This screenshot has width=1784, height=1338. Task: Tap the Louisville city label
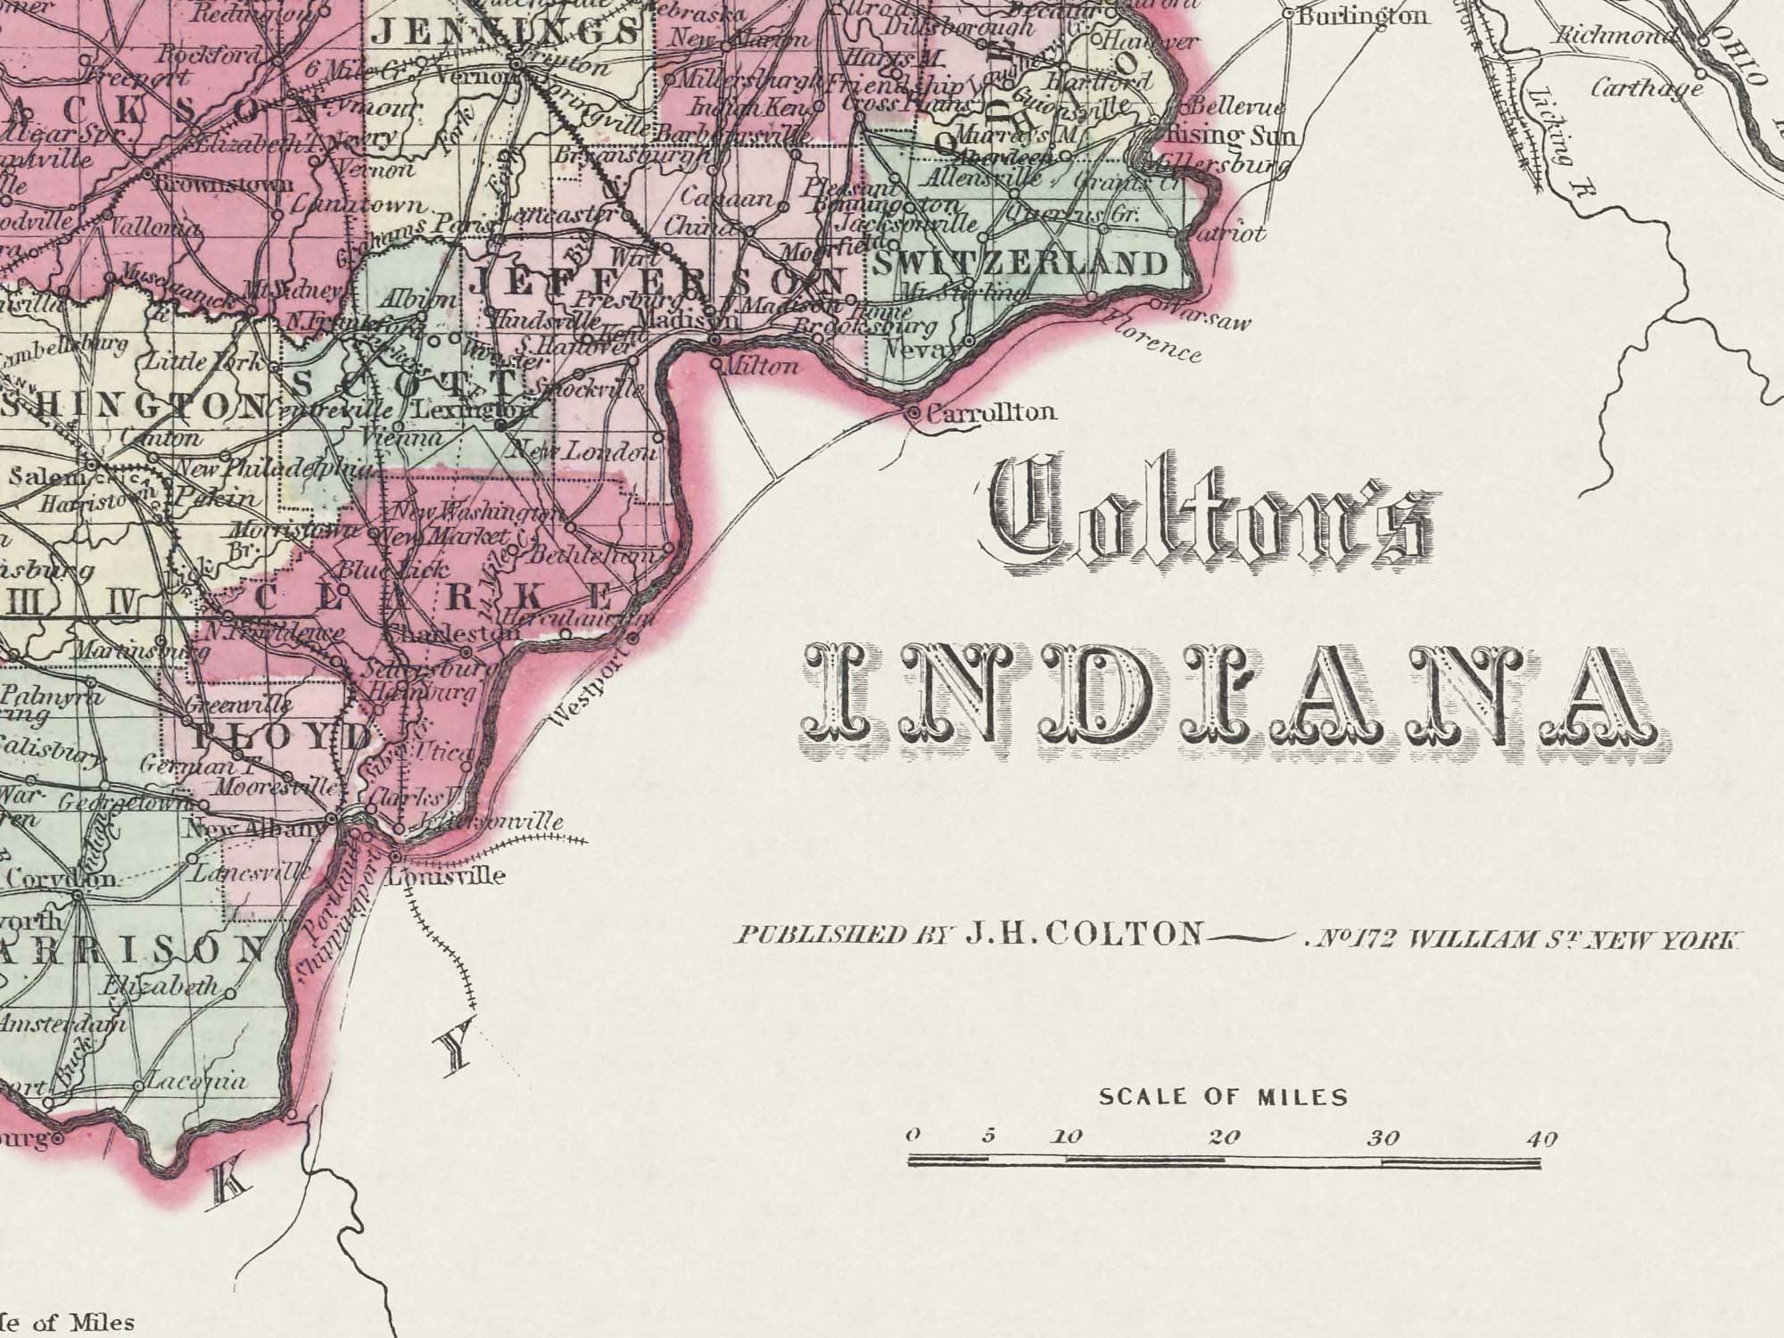tap(446, 875)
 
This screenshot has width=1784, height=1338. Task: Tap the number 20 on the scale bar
tap(1224, 1137)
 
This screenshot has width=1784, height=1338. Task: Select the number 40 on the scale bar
tap(1541, 1138)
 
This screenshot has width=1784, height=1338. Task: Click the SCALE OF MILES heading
tap(1223, 1096)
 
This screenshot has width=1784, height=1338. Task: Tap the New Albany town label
tap(253, 830)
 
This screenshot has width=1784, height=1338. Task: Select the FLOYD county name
tap(281, 737)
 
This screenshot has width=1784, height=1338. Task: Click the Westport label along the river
tap(589, 692)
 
